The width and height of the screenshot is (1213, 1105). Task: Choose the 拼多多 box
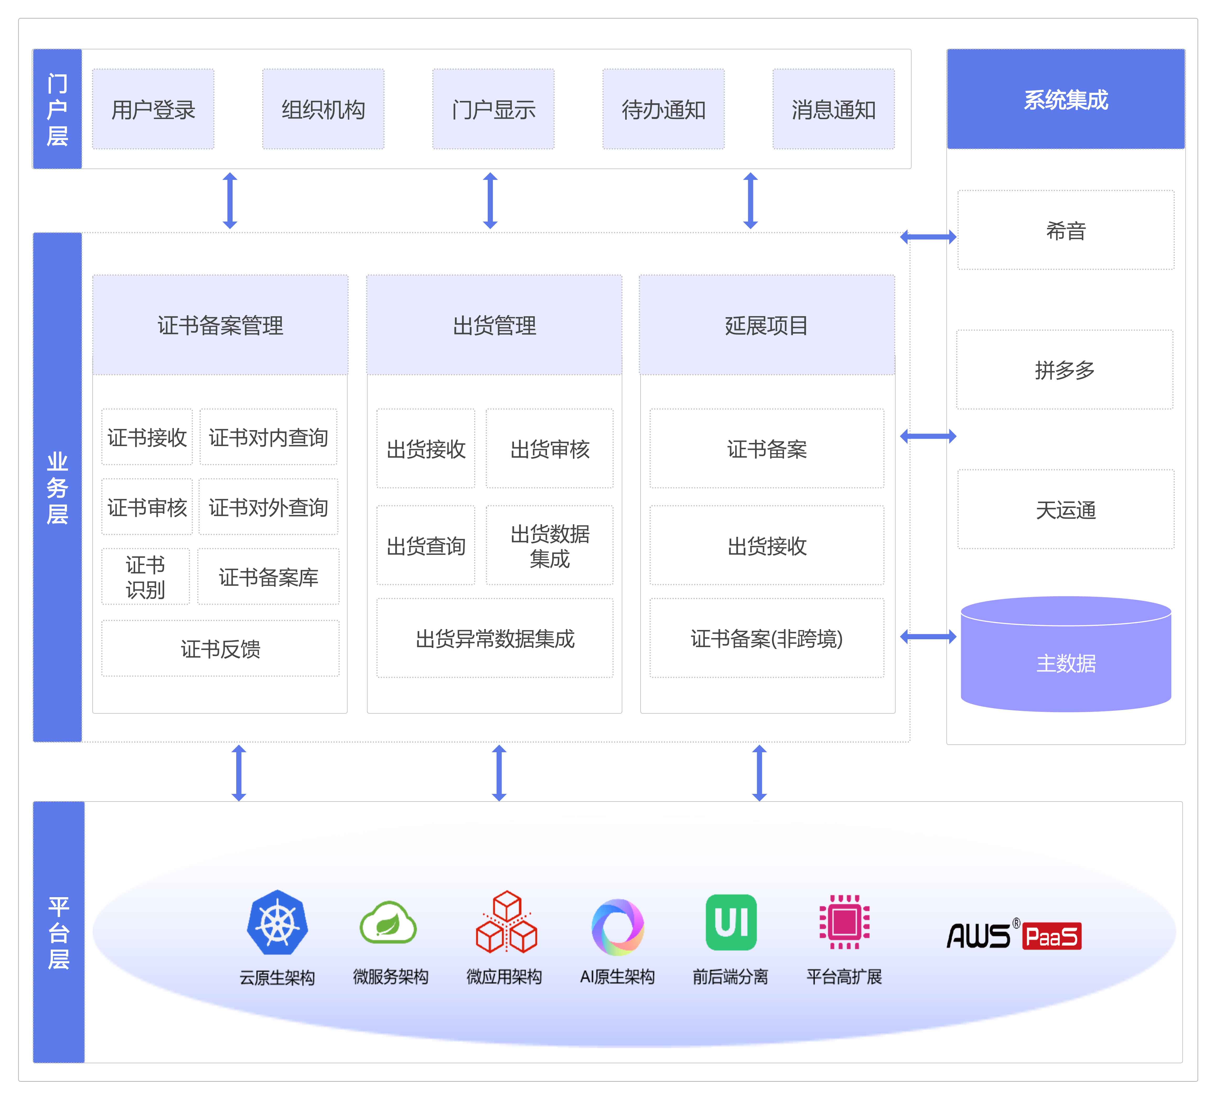pyautogui.click(x=1064, y=369)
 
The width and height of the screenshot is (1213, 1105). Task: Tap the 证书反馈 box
pyautogui.click(x=220, y=648)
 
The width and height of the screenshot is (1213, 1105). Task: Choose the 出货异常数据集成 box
pyautogui.click(x=495, y=638)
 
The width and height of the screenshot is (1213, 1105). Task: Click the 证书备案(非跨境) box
pyautogui.click(x=766, y=638)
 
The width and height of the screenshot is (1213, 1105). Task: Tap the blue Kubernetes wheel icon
pyautogui.click(x=277, y=922)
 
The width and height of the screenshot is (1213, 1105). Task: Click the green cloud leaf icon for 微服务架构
pyautogui.click(x=388, y=922)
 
